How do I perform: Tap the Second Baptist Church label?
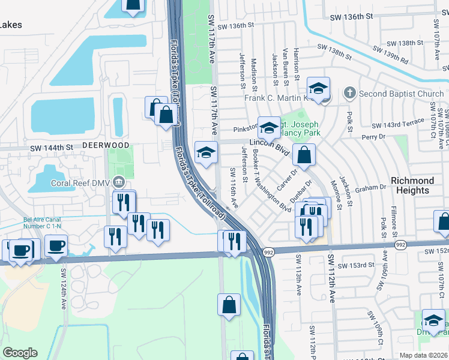pyautogui.click(x=401, y=94)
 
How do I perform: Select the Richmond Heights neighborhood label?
pyautogui.click(x=412, y=185)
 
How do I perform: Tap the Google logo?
pyautogui.click(x=20, y=353)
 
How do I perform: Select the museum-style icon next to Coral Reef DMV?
pyautogui.click(x=119, y=182)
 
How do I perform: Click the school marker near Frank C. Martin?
pyautogui.click(x=318, y=88)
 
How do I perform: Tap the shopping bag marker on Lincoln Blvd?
pyautogui.click(x=304, y=154)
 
